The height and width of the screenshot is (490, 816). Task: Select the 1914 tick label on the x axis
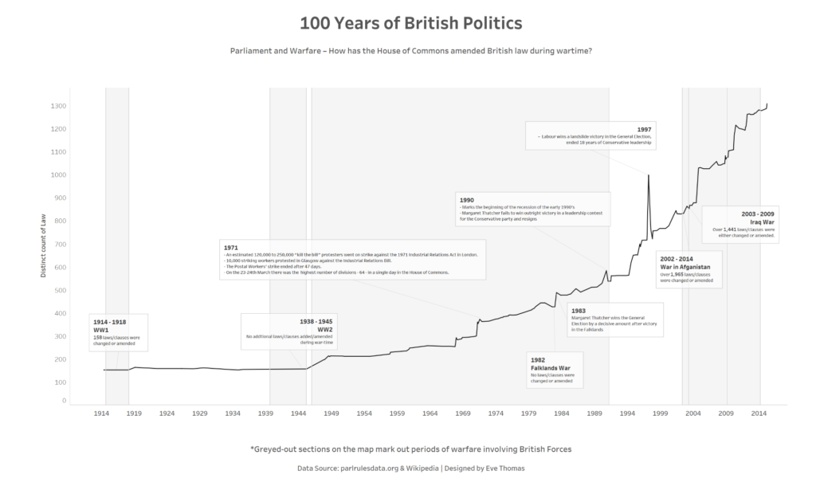[101, 414]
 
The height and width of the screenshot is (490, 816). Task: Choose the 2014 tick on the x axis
[759, 414]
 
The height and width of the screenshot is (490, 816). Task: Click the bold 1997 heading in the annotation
[645, 129]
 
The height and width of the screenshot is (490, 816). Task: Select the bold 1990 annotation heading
[467, 199]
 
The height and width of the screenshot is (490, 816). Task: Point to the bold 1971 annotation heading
[232, 248]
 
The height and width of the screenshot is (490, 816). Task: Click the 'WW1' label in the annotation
[100, 329]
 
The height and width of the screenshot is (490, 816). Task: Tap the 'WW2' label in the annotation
[324, 329]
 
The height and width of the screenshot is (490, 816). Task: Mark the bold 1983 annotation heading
[579, 309]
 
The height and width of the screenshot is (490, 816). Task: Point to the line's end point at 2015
[767, 104]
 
